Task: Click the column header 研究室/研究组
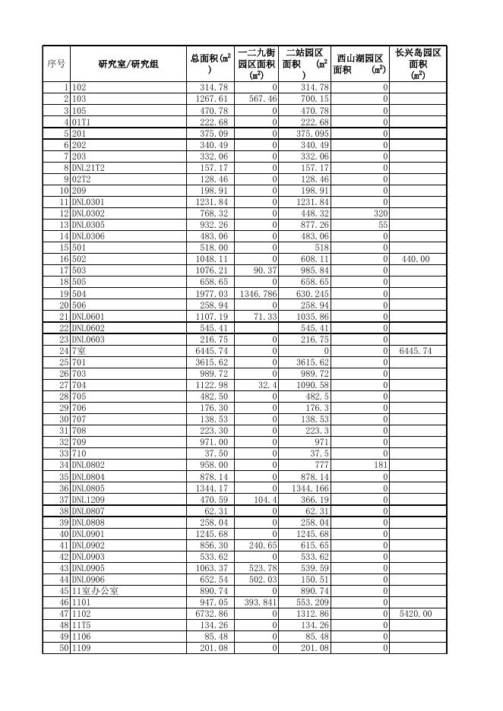point(128,64)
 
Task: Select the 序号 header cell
point(56,64)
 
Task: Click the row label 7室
point(79,351)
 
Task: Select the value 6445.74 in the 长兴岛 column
point(415,351)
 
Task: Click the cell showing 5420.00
point(415,613)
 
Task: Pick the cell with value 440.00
point(415,259)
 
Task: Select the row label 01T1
point(81,122)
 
